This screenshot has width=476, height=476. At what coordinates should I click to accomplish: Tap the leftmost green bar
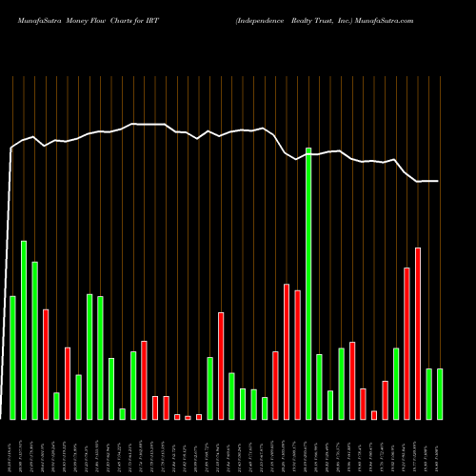[12, 357]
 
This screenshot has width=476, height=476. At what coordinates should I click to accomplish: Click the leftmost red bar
[46, 364]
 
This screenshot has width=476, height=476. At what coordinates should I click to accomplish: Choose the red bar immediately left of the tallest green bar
[297, 354]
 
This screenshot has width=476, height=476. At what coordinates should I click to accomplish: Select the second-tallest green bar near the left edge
[24, 329]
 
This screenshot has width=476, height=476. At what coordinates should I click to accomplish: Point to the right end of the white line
[438, 181]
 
